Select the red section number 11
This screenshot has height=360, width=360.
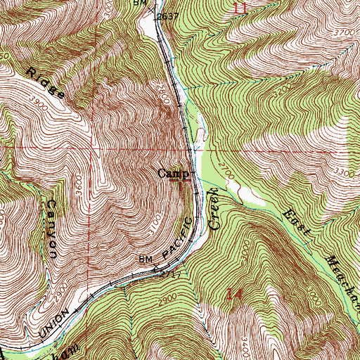tap(241, 8)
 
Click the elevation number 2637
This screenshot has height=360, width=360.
tap(168, 16)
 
